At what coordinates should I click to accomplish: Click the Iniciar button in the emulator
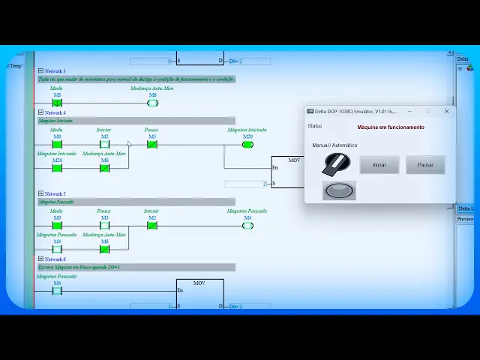click(379, 165)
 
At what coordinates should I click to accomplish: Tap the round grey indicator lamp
click(339, 190)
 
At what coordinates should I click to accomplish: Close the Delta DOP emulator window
click(446, 111)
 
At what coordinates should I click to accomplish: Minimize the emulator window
click(410, 111)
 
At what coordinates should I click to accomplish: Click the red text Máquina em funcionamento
click(390, 127)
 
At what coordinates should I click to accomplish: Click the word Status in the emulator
click(314, 126)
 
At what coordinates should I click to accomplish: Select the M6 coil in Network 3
click(152, 103)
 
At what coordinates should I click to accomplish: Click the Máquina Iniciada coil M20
click(247, 145)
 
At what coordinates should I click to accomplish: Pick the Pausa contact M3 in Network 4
click(151, 145)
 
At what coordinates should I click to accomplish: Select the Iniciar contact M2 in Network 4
click(104, 145)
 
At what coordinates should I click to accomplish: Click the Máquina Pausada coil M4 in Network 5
click(247, 226)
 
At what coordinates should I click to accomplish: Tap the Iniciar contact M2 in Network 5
click(151, 226)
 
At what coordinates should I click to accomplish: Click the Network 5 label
click(55, 193)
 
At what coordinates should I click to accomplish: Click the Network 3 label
click(55, 71)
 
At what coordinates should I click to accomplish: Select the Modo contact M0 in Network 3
click(57, 103)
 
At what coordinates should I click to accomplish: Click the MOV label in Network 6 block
click(199, 283)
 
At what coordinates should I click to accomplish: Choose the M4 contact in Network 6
click(57, 291)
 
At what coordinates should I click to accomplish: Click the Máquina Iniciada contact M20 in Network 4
click(57, 168)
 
